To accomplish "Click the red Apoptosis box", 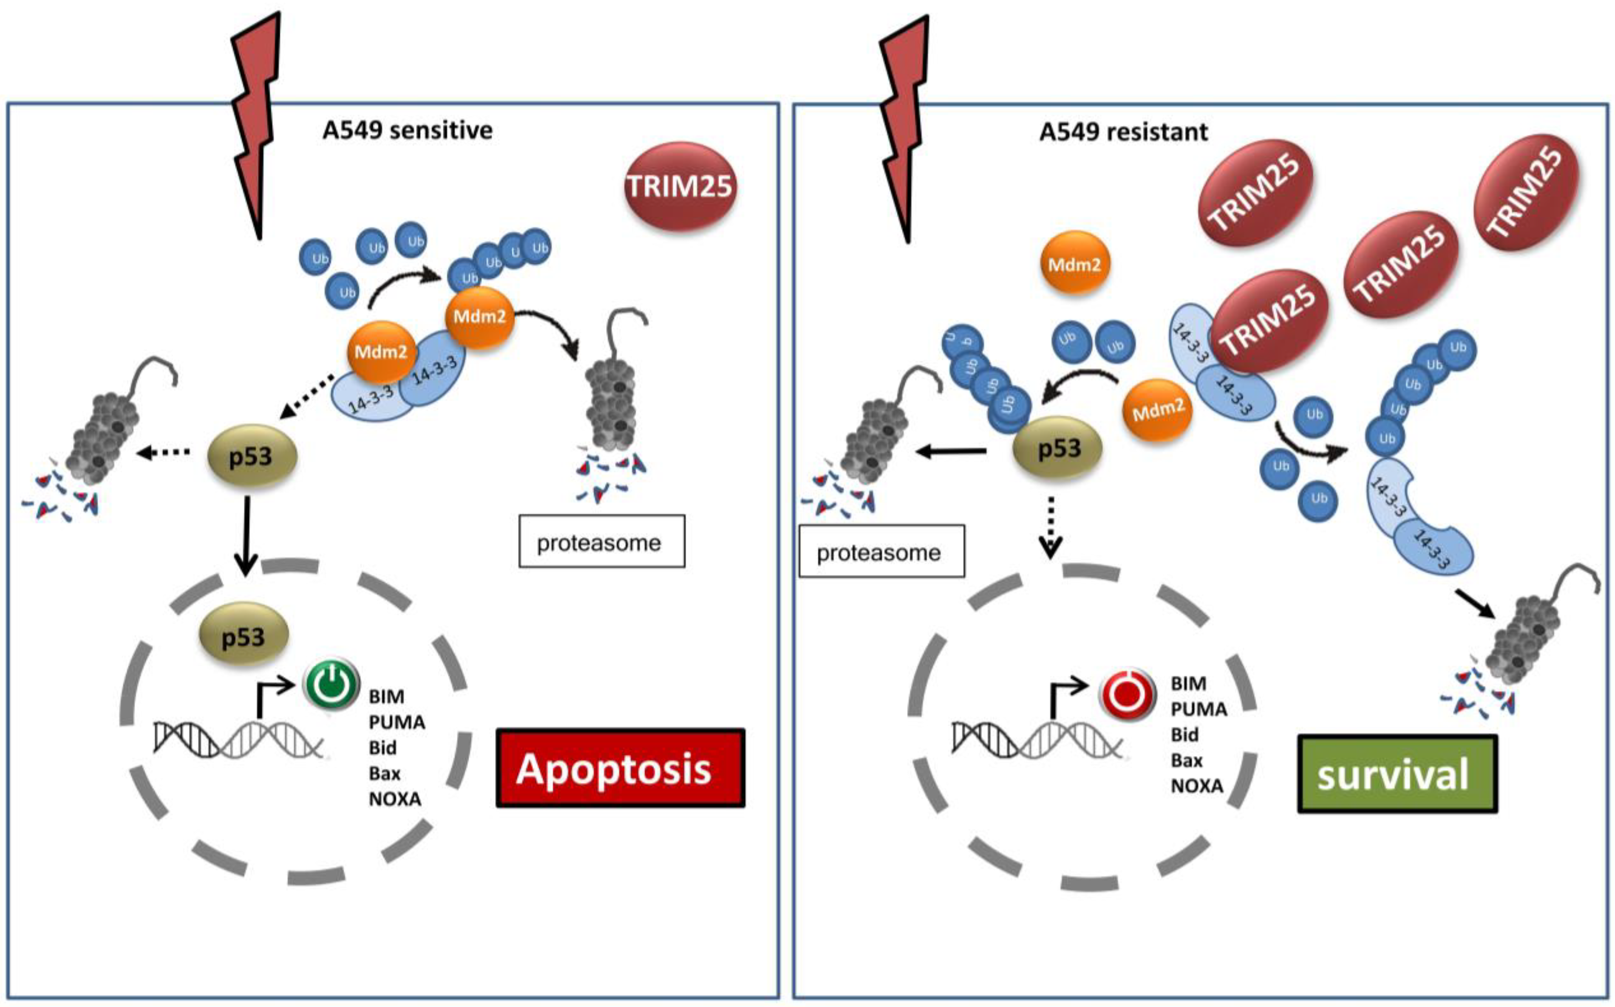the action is click(x=620, y=768).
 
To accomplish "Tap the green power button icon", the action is click(x=331, y=685).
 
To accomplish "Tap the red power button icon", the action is click(x=1127, y=696).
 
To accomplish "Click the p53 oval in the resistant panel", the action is click(x=1058, y=448).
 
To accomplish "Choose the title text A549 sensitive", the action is click(x=408, y=130).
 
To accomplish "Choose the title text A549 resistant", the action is click(x=1123, y=132).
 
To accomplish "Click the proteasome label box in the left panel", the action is click(x=602, y=541).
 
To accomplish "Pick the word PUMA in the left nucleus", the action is click(x=397, y=721).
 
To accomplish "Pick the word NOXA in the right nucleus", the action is click(x=1197, y=786).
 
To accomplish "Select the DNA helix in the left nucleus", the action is click(x=240, y=739).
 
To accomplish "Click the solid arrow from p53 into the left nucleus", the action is click(x=246, y=536).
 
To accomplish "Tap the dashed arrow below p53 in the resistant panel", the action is click(x=1050, y=526).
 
